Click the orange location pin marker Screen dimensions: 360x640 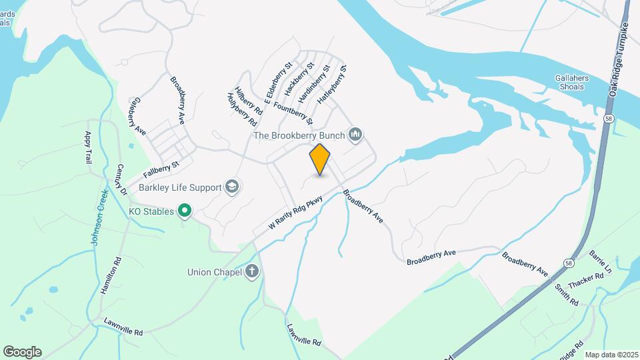320,159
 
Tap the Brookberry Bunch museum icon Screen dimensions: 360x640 355,135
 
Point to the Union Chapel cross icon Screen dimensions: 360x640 251,271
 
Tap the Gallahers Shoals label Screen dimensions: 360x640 572,82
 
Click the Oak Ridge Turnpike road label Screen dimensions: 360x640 619,67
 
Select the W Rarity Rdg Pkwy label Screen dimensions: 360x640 295,213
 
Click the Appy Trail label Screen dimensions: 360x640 87,147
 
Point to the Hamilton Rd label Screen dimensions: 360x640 111,276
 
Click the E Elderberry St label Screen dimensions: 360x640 278,83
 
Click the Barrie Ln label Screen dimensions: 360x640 600,262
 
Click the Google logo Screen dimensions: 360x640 22,352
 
